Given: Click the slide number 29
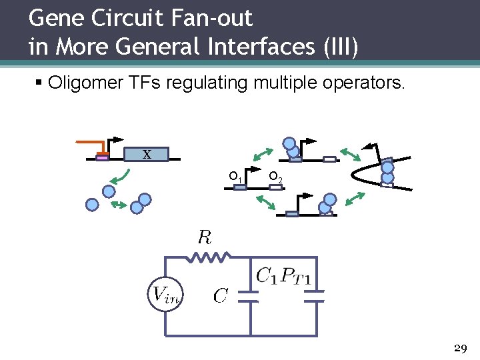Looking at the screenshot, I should click(x=460, y=349).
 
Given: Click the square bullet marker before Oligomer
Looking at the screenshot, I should click(x=39, y=83).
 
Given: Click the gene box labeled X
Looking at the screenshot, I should click(x=147, y=155).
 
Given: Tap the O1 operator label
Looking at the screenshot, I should click(x=234, y=177).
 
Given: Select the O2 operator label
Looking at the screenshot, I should click(x=275, y=177).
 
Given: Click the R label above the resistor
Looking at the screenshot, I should click(x=205, y=237).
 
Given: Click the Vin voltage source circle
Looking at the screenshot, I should click(x=164, y=294).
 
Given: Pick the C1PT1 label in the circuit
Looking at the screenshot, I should click(x=283, y=275).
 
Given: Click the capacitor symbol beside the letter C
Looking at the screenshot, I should click(x=249, y=295).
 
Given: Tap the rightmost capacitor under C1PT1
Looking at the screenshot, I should click(x=317, y=295).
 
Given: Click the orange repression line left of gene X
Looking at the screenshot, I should click(x=92, y=143).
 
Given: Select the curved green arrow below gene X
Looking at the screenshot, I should click(x=120, y=177).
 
